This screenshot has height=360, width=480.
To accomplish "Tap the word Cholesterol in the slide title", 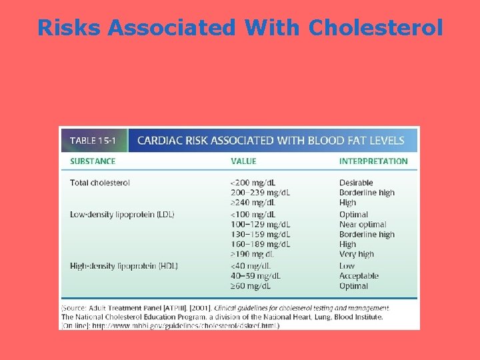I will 375,28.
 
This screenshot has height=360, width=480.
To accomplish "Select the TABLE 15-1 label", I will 93,141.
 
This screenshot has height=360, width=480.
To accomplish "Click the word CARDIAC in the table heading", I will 159,141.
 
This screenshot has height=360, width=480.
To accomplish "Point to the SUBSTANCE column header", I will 93,161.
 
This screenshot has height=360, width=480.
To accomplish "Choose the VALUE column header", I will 243,161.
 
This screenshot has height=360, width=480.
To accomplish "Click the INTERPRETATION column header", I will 373,161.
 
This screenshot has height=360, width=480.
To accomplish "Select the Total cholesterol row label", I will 100,183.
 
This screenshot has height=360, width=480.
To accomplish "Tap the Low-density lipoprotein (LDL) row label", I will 125,215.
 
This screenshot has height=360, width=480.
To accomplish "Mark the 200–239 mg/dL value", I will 260,193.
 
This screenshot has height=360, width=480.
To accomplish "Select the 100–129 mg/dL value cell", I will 260,225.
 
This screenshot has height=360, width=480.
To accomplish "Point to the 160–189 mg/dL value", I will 260,245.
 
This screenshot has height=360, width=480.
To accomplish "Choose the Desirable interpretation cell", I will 356,183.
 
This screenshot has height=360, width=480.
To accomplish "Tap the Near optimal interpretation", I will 363,225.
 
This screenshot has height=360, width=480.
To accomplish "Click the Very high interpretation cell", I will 357,254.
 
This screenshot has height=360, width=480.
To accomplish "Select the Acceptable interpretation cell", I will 359,276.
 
